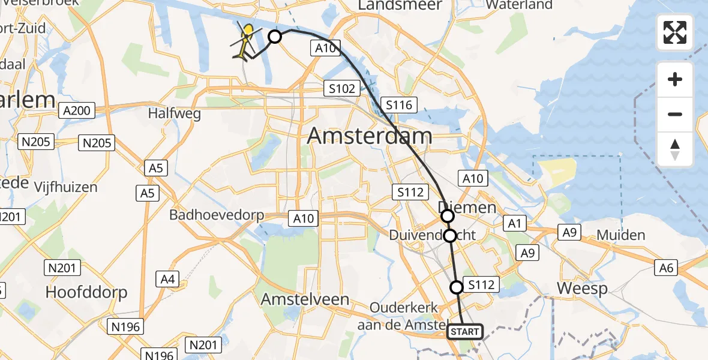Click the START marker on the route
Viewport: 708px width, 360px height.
tap(465, 331)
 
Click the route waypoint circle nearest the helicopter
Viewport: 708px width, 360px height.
tap(274, 37)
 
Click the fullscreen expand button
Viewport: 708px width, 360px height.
tap(675, 32)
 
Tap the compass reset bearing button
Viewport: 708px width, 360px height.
tap(675, 149)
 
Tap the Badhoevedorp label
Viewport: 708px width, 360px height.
tap(217, 215)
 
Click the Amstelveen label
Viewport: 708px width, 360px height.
tap(305, 299)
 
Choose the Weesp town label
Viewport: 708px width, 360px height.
tap(582, 289)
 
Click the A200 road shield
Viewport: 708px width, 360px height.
tap(76, 110)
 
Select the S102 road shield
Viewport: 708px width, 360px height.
tap(341, 88)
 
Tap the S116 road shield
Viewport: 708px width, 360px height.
tap(399, 106)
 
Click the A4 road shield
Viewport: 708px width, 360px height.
tap(168, 278)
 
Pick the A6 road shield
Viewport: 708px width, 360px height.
tap(667, 268)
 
